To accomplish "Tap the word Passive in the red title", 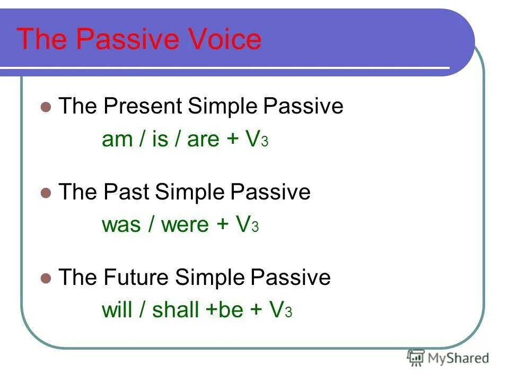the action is [x=128, y=39].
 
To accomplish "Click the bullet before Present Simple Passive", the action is [x=46, y=107].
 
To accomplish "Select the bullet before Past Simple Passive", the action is [x=46, y=193].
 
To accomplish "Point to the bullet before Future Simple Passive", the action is [x=46, y=279].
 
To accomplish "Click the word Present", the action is [x=143, y=106].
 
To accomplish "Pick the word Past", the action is [x=126, y=192].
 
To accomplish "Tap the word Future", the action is [x=136, y=277].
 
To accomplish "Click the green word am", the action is [x=117, y=140].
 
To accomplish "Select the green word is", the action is [x=160, y=138].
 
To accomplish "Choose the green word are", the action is [x=203, y=140].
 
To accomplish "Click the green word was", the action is [x=121, y=225].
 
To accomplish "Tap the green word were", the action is [x=185, y=225].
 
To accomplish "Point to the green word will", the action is [x=117, y=309].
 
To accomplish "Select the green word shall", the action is [x=175, y=309].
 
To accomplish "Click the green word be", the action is [x=231, y=309].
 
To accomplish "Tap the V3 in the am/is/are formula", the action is [x=257, y=139].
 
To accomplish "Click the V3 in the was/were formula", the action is [x=247, y=224].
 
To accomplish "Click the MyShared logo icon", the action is [x=416, y=358].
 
